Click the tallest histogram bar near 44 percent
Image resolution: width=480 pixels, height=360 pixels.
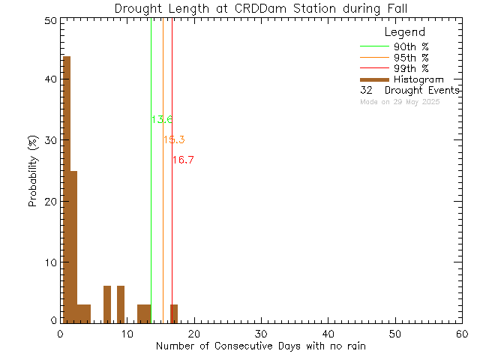coord(67,187)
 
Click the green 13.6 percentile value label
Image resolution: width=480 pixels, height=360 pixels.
coord(162,119)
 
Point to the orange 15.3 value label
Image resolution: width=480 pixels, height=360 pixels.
coord(174,139)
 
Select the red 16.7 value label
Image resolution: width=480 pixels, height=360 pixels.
coord(183,160)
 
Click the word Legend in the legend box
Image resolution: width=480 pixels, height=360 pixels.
coord(404,32)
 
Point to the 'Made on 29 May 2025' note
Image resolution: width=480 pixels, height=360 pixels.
coord(400,101)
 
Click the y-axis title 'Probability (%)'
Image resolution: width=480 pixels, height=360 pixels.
coord(33,171)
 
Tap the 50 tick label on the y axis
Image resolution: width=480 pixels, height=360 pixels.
coord(49,21)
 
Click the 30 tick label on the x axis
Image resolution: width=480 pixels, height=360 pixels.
coord(261,333)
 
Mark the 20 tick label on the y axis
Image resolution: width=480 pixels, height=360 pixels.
coord(49,202)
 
